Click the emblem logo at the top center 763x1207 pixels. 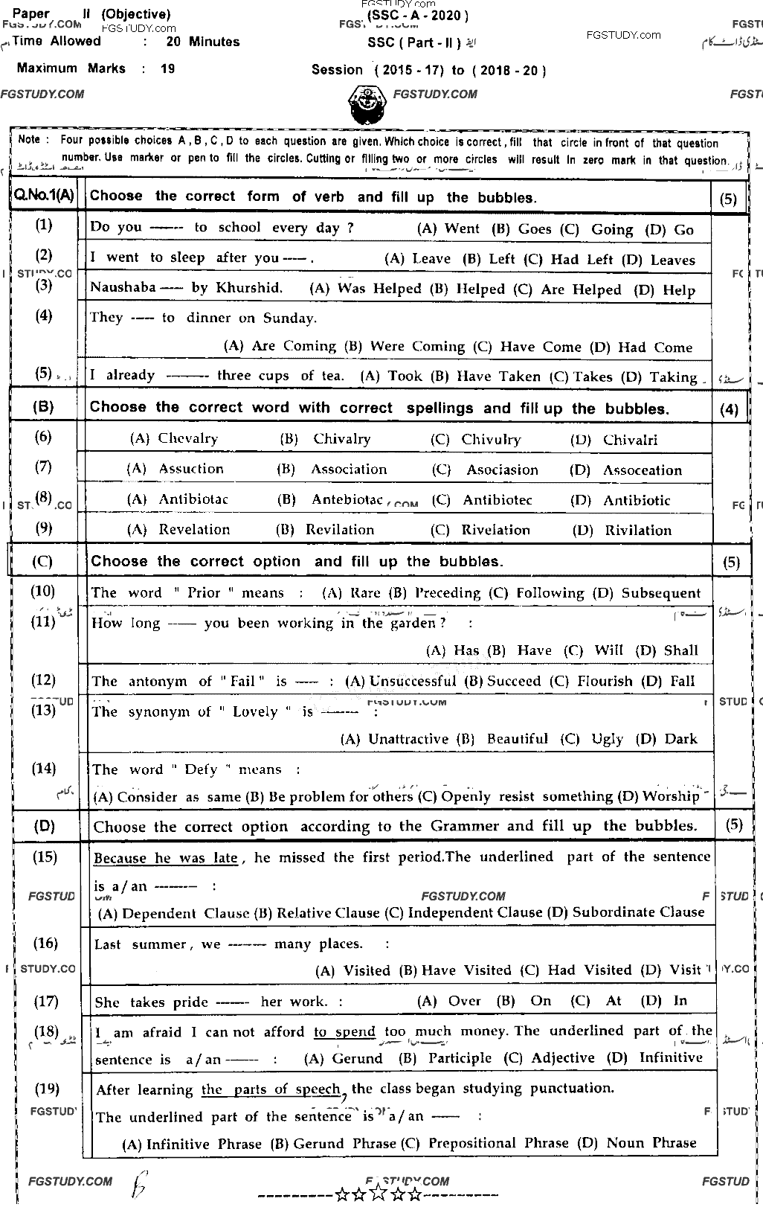click(367, 106)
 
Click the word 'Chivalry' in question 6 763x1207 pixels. click(341, 439)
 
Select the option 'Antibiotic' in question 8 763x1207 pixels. click(637, 500)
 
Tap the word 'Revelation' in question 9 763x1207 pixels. click(194, 530)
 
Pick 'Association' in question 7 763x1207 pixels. click(349, 470)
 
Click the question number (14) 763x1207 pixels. click(45, 768)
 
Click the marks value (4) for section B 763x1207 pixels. click(730, 409)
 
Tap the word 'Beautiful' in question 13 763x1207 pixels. click(517, 739)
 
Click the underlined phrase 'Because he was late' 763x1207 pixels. click(165, 858)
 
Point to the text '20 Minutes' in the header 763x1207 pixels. click(202, 42)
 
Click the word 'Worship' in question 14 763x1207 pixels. click(671, 796)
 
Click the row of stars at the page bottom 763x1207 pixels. click(379, 1195)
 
